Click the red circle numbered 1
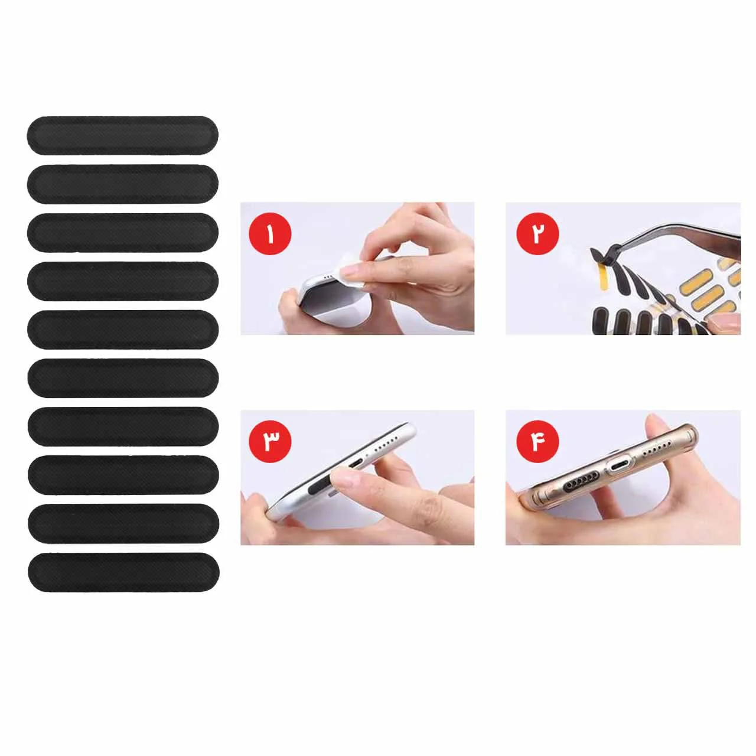(x=270, y=234)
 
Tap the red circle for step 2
(x=537, y=234)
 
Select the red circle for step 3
(x=270, y=442)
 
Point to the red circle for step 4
(x=537, y=442)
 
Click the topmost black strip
(x=122, y=135)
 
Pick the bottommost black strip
(x=123, y=572)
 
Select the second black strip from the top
(x=122, y=184)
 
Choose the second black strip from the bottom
(x=123, y=524)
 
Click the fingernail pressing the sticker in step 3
(x=344, y=480)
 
